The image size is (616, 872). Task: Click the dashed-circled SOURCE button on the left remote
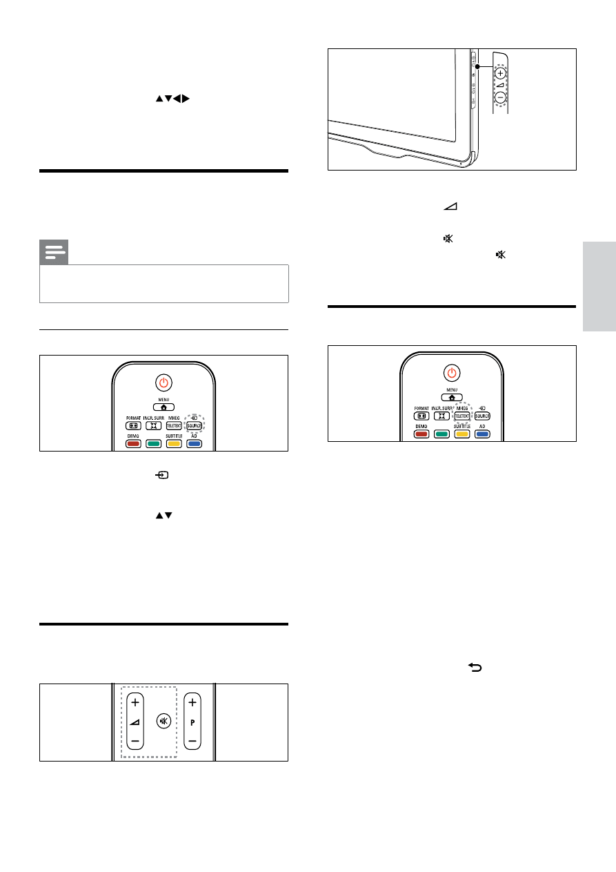click(193, 426)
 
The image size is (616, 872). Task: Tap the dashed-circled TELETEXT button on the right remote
click(462, 416)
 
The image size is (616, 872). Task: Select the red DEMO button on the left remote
click(132, 443)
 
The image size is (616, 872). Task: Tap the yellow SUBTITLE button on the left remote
click(173, 443)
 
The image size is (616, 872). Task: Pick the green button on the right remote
click(442, 434)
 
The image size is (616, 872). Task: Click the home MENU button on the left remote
click(163, 407)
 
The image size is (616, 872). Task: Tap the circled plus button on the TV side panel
click(500, 72)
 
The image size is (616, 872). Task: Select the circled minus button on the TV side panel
click(500, 97)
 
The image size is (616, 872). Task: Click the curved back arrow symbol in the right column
click(475, 667)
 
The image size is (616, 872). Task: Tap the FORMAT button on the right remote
click(421, 416)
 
